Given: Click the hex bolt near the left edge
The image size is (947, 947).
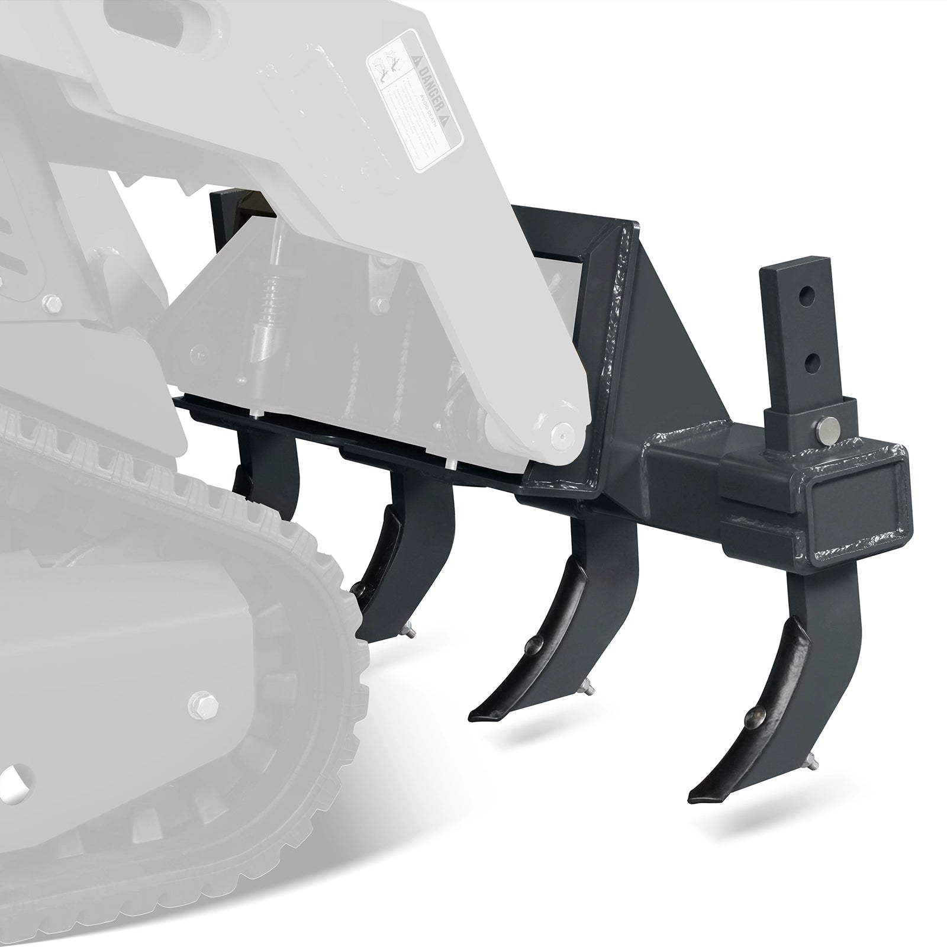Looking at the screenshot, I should (52, 305).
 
